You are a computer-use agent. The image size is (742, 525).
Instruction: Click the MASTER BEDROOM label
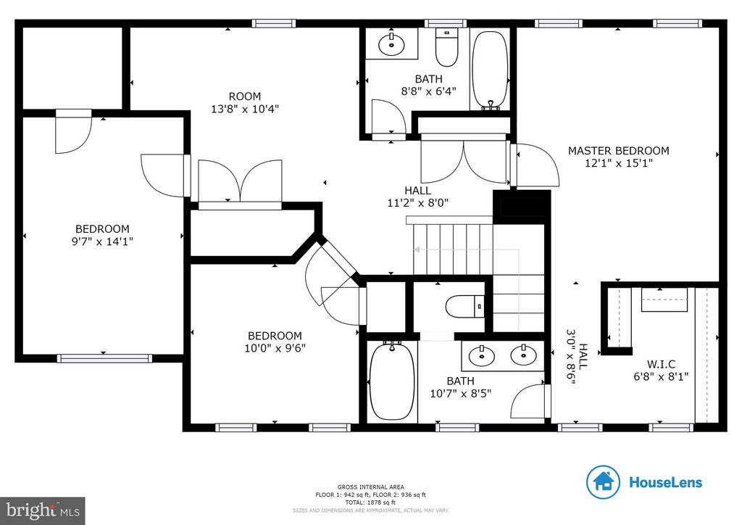coord(618,151)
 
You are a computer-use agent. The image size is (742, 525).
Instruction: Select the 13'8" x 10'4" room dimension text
coord(244,109)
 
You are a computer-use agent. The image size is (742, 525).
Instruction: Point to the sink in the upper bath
coord(392,43)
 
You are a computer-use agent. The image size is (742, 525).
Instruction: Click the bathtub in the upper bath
coord(491,70)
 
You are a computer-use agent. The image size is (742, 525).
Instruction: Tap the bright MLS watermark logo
coord(42,510)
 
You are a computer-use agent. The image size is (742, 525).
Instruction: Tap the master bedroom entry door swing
coord(536,165)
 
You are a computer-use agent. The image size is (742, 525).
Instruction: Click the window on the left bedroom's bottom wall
coord(104,358)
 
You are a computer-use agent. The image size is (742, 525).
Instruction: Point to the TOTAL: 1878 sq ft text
coord(370,502)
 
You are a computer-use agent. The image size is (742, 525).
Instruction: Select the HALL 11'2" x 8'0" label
coord(418,197)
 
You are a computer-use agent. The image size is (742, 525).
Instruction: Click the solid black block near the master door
coord(521,204)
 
